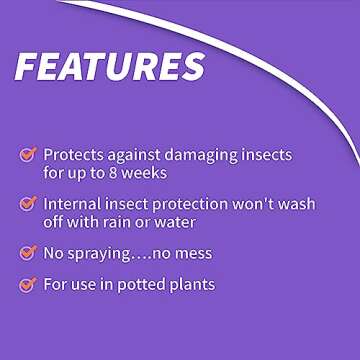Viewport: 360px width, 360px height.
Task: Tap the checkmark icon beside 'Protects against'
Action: click(x=27, y=156)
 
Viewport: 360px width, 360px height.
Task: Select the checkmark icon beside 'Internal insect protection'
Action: click(x=27, y=203)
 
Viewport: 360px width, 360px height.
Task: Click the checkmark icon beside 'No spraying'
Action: click(x=27, y=253)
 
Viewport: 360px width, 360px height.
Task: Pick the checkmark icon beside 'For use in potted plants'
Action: click(x=27, y=285)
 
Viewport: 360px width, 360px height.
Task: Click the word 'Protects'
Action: click(x=72, y=156)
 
